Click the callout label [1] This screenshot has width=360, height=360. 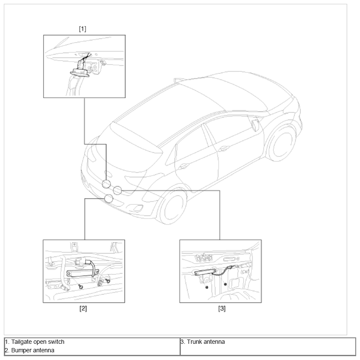point(82,29)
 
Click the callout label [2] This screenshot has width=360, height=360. point(83,308)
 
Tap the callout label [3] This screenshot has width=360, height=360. point(222,308)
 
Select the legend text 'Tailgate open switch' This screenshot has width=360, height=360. point(38,342)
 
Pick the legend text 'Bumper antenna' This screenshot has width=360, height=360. point(32,350)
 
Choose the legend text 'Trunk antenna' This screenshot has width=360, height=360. point(206,342)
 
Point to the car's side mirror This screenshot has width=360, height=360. point(255,125)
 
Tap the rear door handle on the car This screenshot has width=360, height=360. point(184,166)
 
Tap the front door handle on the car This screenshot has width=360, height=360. point(224,149)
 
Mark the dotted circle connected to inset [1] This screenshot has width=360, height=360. point(106,184)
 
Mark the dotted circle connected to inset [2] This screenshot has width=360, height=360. point(109,199)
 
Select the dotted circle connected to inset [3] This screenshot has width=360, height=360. point(117,190)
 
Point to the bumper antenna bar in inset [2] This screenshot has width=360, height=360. point(82,273)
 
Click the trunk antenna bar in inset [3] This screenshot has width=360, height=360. point(205,272)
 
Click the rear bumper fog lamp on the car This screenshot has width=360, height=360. point(137,208)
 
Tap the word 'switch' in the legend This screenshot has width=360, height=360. point(56,342)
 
